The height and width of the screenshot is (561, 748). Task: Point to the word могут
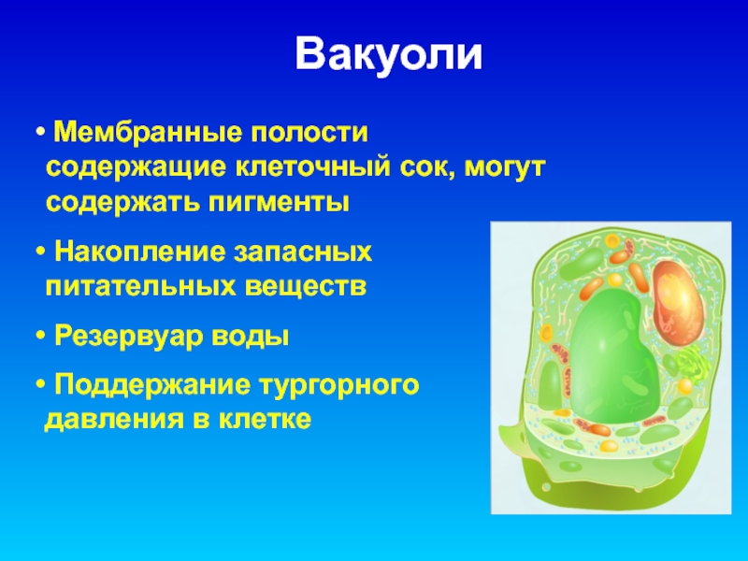(x=505, y=169)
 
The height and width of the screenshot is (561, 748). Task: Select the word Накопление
(x=139, y=252)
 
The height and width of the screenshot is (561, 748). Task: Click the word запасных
(x=302, y=253)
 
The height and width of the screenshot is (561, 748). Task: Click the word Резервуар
(x=128, y=338)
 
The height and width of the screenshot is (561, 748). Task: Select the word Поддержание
(x=151, y=385)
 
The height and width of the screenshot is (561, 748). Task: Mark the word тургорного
(x=338, y=386)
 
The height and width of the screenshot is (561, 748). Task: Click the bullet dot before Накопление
(x=40, y=252)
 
